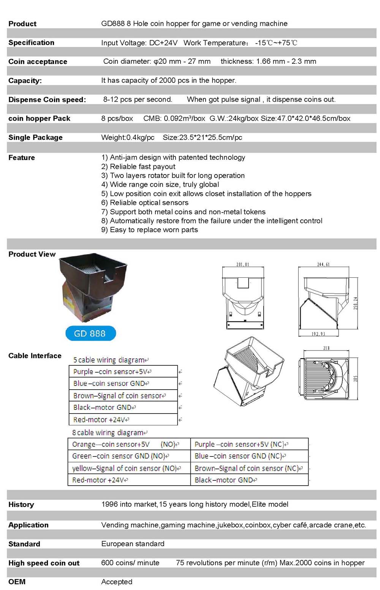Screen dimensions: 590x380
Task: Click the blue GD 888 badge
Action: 90,334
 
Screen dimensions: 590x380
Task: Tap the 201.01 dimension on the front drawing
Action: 242,264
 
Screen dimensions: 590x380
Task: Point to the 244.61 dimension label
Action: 323,264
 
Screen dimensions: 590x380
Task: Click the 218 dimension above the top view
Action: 326,348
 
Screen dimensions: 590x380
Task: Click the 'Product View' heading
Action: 32,254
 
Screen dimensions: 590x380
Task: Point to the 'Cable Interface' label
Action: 35,356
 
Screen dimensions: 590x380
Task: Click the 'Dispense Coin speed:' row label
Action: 47,100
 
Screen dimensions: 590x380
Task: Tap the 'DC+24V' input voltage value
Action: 163,43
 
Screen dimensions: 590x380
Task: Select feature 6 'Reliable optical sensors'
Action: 145,203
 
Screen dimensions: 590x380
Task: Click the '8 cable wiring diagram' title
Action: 109,433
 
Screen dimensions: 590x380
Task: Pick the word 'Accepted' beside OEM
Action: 117,582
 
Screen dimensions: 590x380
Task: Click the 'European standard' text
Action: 133,544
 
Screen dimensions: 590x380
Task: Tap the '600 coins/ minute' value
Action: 130,563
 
